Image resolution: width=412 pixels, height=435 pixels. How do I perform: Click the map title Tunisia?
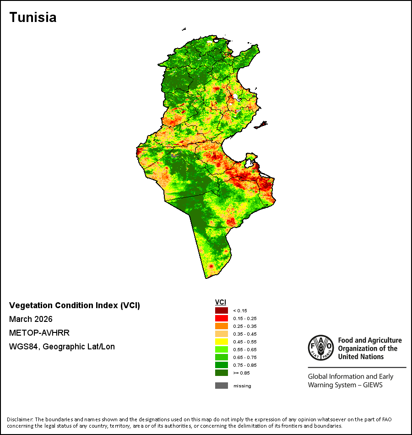coord(33,17)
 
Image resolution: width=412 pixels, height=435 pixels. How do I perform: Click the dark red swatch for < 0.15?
coord(222,310)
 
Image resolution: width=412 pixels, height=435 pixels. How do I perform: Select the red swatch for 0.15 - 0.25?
coord(222,318)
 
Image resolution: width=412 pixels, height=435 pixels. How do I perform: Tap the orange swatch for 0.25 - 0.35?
coord(222,326)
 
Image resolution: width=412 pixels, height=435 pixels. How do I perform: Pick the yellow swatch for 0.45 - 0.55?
coord(222,342)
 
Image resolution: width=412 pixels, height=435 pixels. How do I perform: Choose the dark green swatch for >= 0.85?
coord(222,373)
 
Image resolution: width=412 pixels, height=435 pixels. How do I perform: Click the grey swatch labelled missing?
coord(222,386)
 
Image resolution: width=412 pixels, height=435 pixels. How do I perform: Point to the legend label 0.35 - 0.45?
coord(245,334)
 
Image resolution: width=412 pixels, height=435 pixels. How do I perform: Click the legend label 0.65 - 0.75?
coord(245,357)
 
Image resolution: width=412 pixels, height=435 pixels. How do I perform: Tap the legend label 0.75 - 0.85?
coord(245,365)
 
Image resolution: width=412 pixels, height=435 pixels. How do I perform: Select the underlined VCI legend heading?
coord(221,302)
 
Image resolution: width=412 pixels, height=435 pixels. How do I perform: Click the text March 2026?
coord(31,319)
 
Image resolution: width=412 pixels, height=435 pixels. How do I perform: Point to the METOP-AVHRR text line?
coord(39,332)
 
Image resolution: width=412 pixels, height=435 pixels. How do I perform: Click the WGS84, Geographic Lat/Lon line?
coord(62,347)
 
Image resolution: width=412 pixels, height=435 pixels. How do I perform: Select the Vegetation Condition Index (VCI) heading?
coord(75,305)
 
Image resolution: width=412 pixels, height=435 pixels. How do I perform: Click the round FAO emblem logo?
coord(321,348)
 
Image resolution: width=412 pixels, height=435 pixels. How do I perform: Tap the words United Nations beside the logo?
coord(361,357)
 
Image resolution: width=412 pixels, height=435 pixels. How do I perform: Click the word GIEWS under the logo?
coord(373,385)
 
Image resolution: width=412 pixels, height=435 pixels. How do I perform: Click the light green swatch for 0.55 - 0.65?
coord(222,349)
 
